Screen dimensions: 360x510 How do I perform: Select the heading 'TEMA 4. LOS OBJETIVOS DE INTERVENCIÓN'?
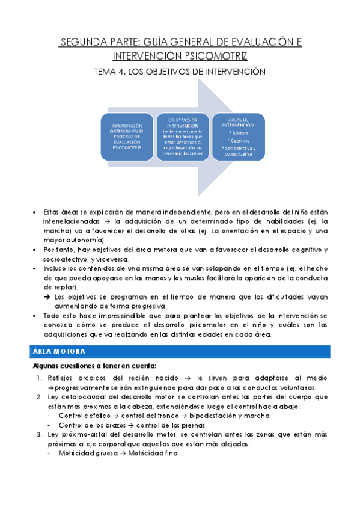pos(180,72)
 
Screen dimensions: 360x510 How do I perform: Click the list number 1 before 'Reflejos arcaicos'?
pos(39,378)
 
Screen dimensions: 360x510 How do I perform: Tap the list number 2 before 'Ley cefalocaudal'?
pos(39,398)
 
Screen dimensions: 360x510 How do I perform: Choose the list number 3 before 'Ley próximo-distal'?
pos(39,435)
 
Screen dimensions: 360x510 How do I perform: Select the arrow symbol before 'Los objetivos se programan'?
pos(47,297)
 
